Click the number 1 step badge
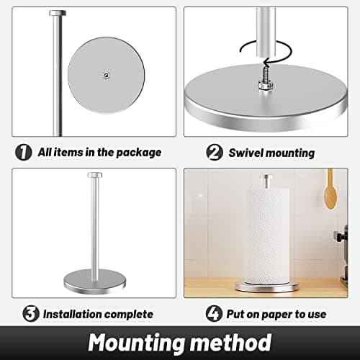[x=24, y=152]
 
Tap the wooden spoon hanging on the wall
[x=330, y=189]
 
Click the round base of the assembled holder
[x=94, y=278]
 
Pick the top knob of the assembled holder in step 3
[x=94, y=175]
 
